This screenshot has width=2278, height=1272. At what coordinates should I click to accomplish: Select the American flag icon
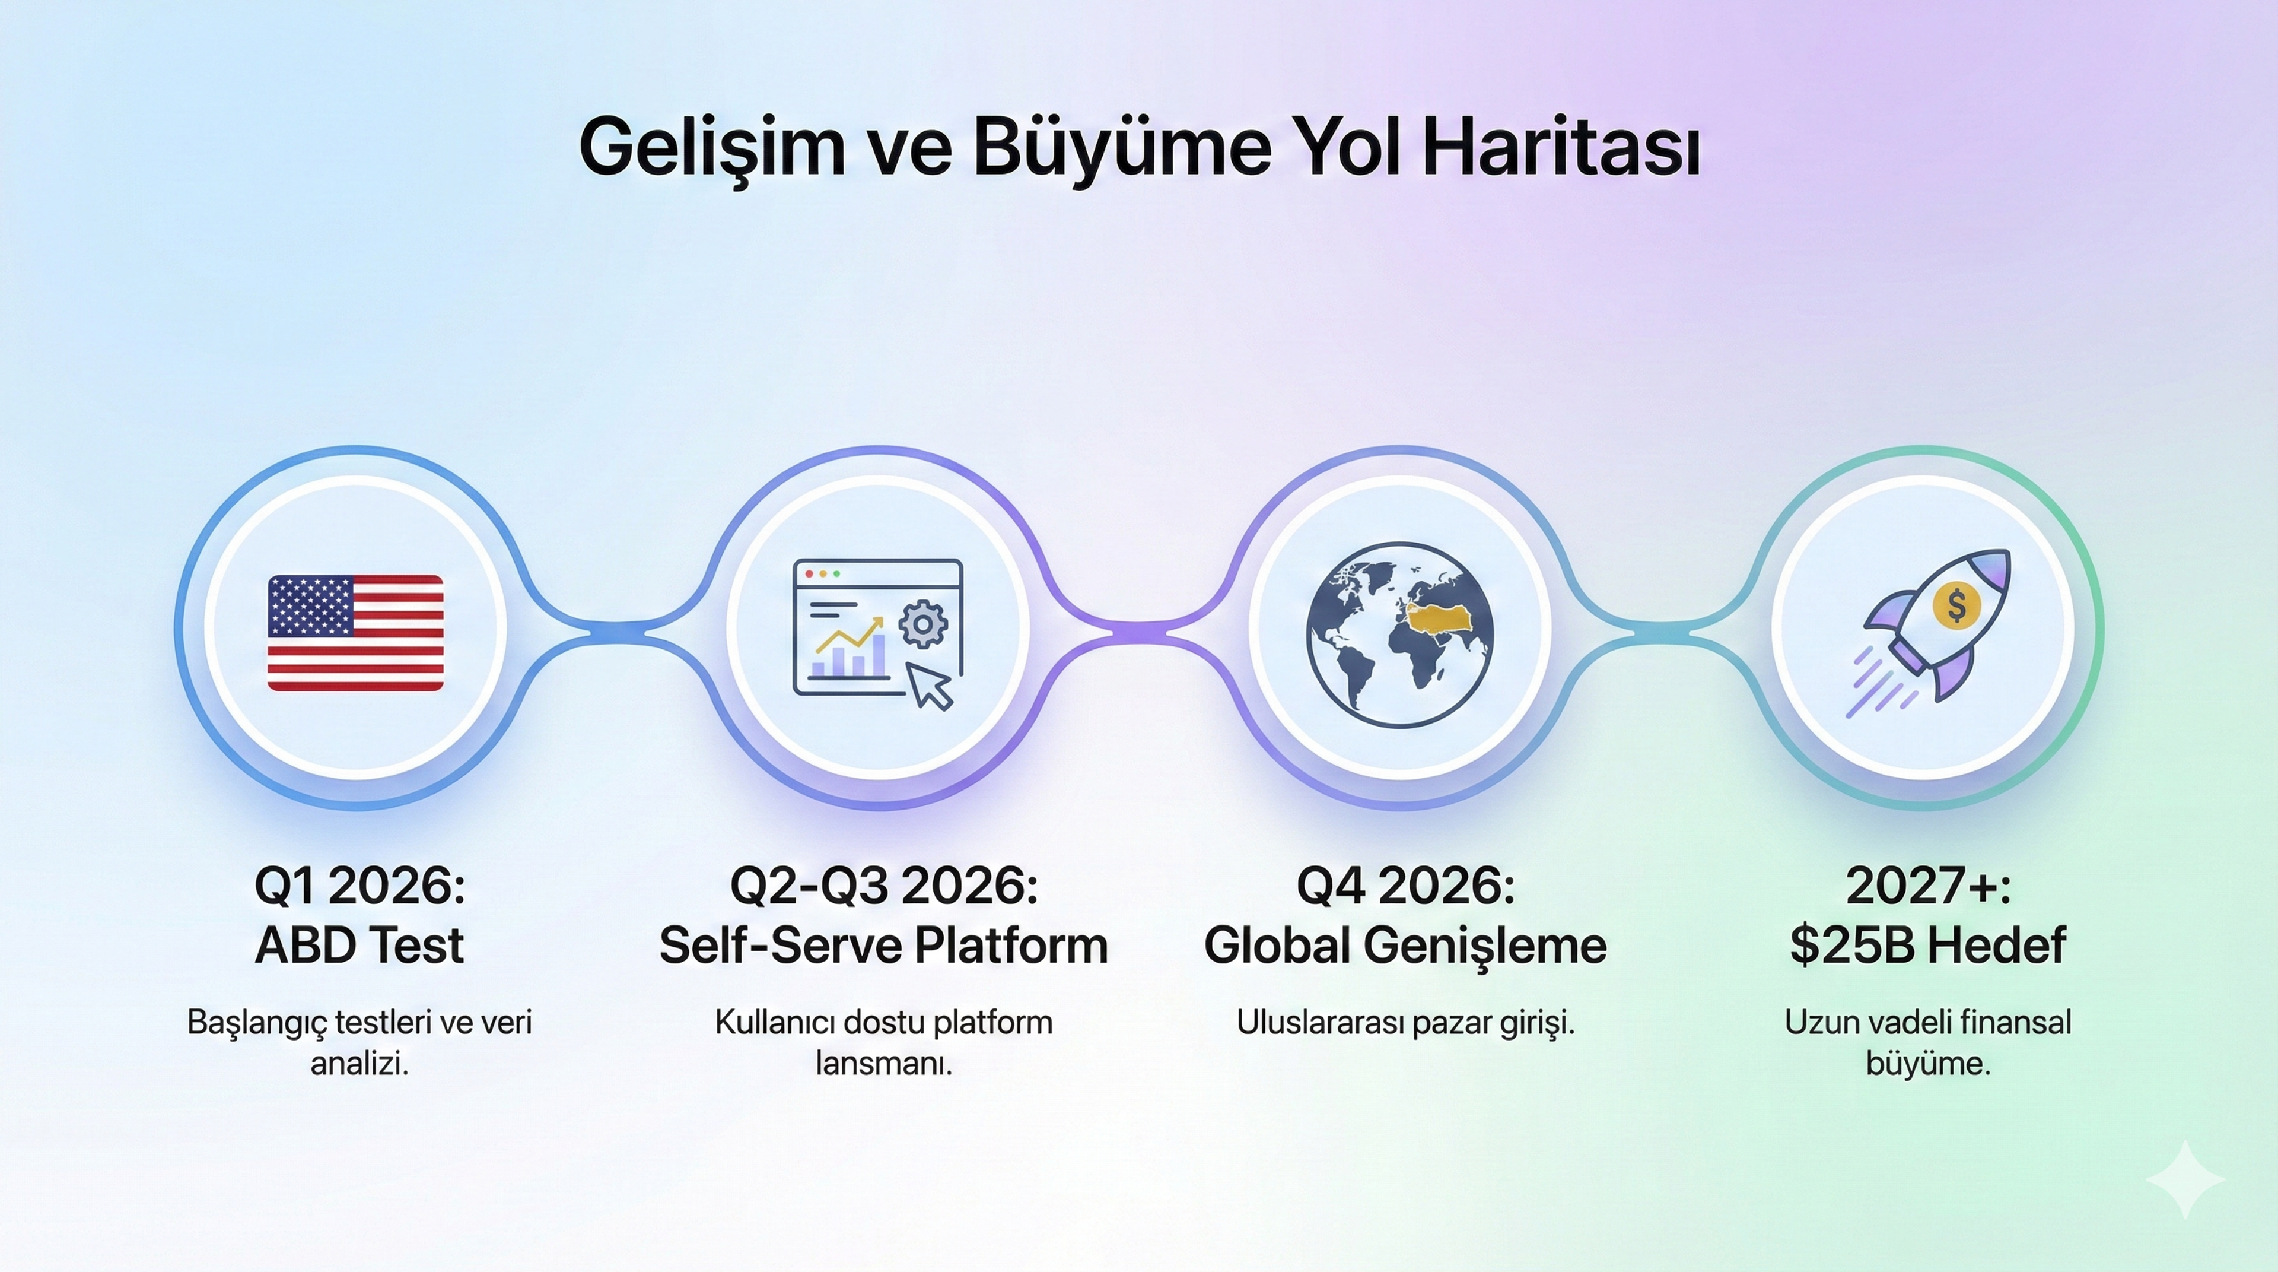(355, 633)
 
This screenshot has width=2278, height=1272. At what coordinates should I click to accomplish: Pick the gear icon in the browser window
(922, 624)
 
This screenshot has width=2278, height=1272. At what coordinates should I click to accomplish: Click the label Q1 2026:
(359, 886)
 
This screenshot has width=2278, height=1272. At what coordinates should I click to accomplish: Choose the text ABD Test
(359, 946)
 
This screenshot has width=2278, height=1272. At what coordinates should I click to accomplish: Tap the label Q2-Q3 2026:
(883, 886)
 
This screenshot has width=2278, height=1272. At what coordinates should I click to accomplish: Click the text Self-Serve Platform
(883, 946)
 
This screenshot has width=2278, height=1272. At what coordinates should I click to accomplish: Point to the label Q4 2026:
(1405, 886)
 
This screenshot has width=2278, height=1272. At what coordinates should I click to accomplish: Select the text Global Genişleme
(1405, 946)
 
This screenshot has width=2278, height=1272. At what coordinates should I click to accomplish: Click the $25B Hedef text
(1928, 946)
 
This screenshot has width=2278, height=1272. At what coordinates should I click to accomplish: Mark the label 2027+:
(1928, 886)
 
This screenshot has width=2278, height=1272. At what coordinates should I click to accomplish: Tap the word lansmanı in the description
(883, 1063)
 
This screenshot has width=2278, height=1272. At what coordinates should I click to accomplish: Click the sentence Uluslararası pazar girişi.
(1405, 1023)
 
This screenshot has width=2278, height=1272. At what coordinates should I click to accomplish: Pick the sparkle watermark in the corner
(2185, 1179)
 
